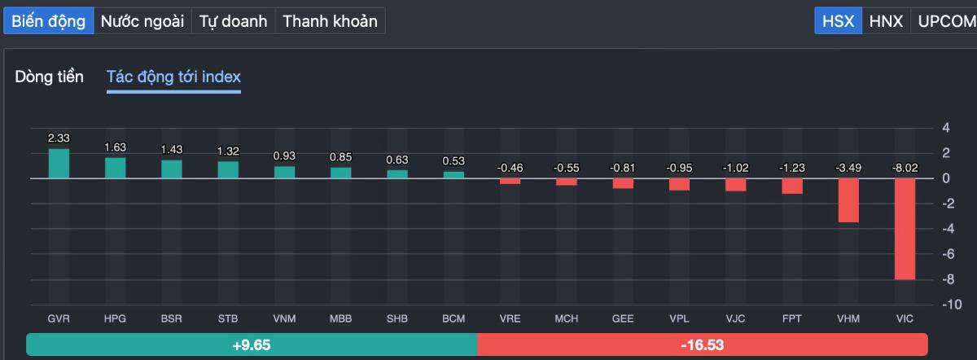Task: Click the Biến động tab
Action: (48, 21)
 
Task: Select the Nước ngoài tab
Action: (142, 21)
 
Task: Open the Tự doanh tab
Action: (234, 21)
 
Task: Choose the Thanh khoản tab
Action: (330, 21)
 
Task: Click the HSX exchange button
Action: (838, 21)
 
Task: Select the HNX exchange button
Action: (886, 21)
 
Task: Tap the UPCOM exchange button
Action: (944, 21)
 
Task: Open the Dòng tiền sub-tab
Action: (49, 77)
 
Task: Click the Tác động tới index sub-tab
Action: (173, 77)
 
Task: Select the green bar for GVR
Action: (59, 163)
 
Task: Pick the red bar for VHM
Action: (848, 200)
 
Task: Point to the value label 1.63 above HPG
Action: (115, 147)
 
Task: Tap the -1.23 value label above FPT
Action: (792, 168)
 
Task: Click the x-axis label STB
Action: (228, 318)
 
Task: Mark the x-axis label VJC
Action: (735, 318)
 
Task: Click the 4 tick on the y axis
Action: (946, 128)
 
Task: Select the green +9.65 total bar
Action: (251, 345)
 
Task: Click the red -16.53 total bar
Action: (702, 345)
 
